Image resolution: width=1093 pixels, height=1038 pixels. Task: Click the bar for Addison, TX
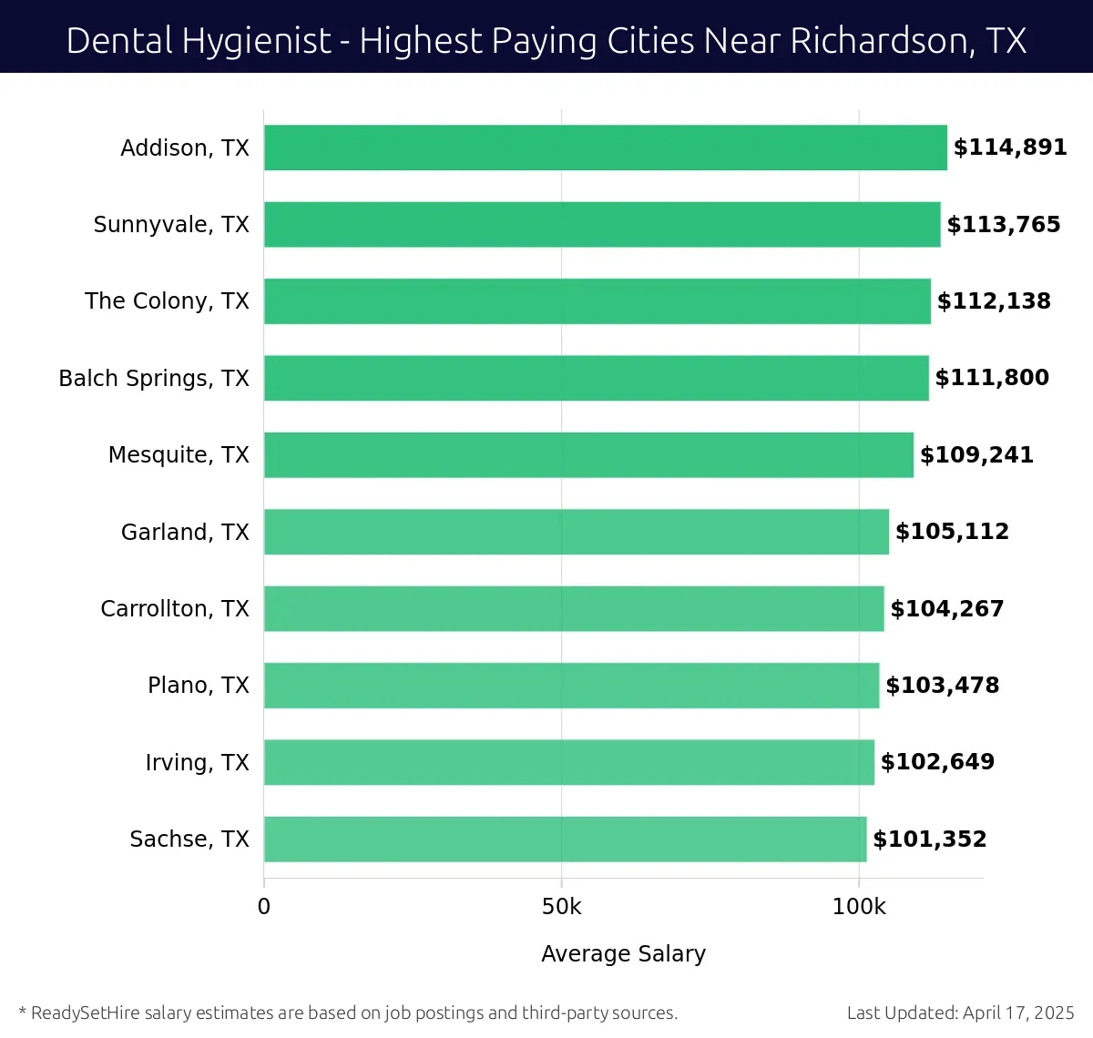(x=605, y=148)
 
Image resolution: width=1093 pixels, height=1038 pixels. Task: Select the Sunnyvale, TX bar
(x=601, y=225)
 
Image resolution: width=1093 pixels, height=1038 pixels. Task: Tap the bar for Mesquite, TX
(x=588, y=455)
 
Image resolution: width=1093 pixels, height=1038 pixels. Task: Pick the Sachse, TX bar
(x=565, y=840)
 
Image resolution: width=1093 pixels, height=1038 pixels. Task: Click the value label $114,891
(x=1010, y=148)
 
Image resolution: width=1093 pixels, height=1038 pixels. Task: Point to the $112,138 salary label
(x=994, y=301)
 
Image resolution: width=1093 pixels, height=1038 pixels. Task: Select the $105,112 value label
(x=952, y=532)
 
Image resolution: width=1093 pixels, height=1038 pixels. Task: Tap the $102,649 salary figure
(x=937, y=762)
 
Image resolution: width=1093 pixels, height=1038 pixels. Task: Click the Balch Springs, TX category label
(x=153, y=379)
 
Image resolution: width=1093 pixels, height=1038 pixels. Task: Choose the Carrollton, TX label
(x=174, y=609)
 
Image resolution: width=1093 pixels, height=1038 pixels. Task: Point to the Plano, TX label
(x=198, y=686)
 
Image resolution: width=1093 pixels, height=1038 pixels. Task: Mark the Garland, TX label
(x=185, y=533)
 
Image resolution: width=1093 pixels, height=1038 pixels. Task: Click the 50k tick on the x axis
(x=561, y=907)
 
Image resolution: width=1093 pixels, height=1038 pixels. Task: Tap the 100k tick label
(x=859, y=907)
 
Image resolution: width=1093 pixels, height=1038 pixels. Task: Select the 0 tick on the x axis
(x=264, y=907)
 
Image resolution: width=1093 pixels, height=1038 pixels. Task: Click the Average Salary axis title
(x=623, y=953)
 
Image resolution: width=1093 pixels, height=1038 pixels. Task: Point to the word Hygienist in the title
(x=256, y=41)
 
